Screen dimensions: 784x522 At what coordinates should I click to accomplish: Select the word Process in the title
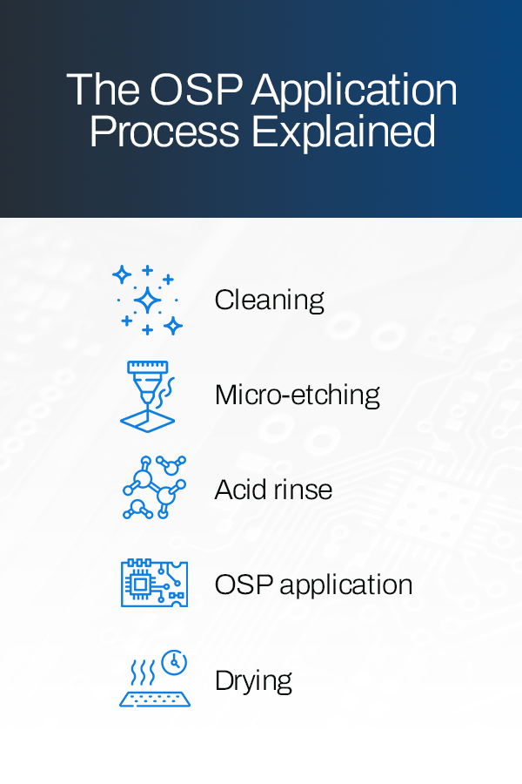(164, 132)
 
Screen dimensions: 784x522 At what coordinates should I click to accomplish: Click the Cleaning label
(269, 301)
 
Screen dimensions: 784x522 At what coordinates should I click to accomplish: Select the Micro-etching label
(297, 395)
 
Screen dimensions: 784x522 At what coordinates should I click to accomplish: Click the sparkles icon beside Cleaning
(148, 301)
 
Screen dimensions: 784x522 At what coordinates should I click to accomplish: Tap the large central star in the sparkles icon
(148, 301)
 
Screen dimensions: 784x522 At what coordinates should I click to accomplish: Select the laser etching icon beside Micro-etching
(147, 395)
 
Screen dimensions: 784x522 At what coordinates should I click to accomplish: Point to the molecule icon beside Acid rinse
(154, 488)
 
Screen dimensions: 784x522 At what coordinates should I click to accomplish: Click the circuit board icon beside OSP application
(154, 584)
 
